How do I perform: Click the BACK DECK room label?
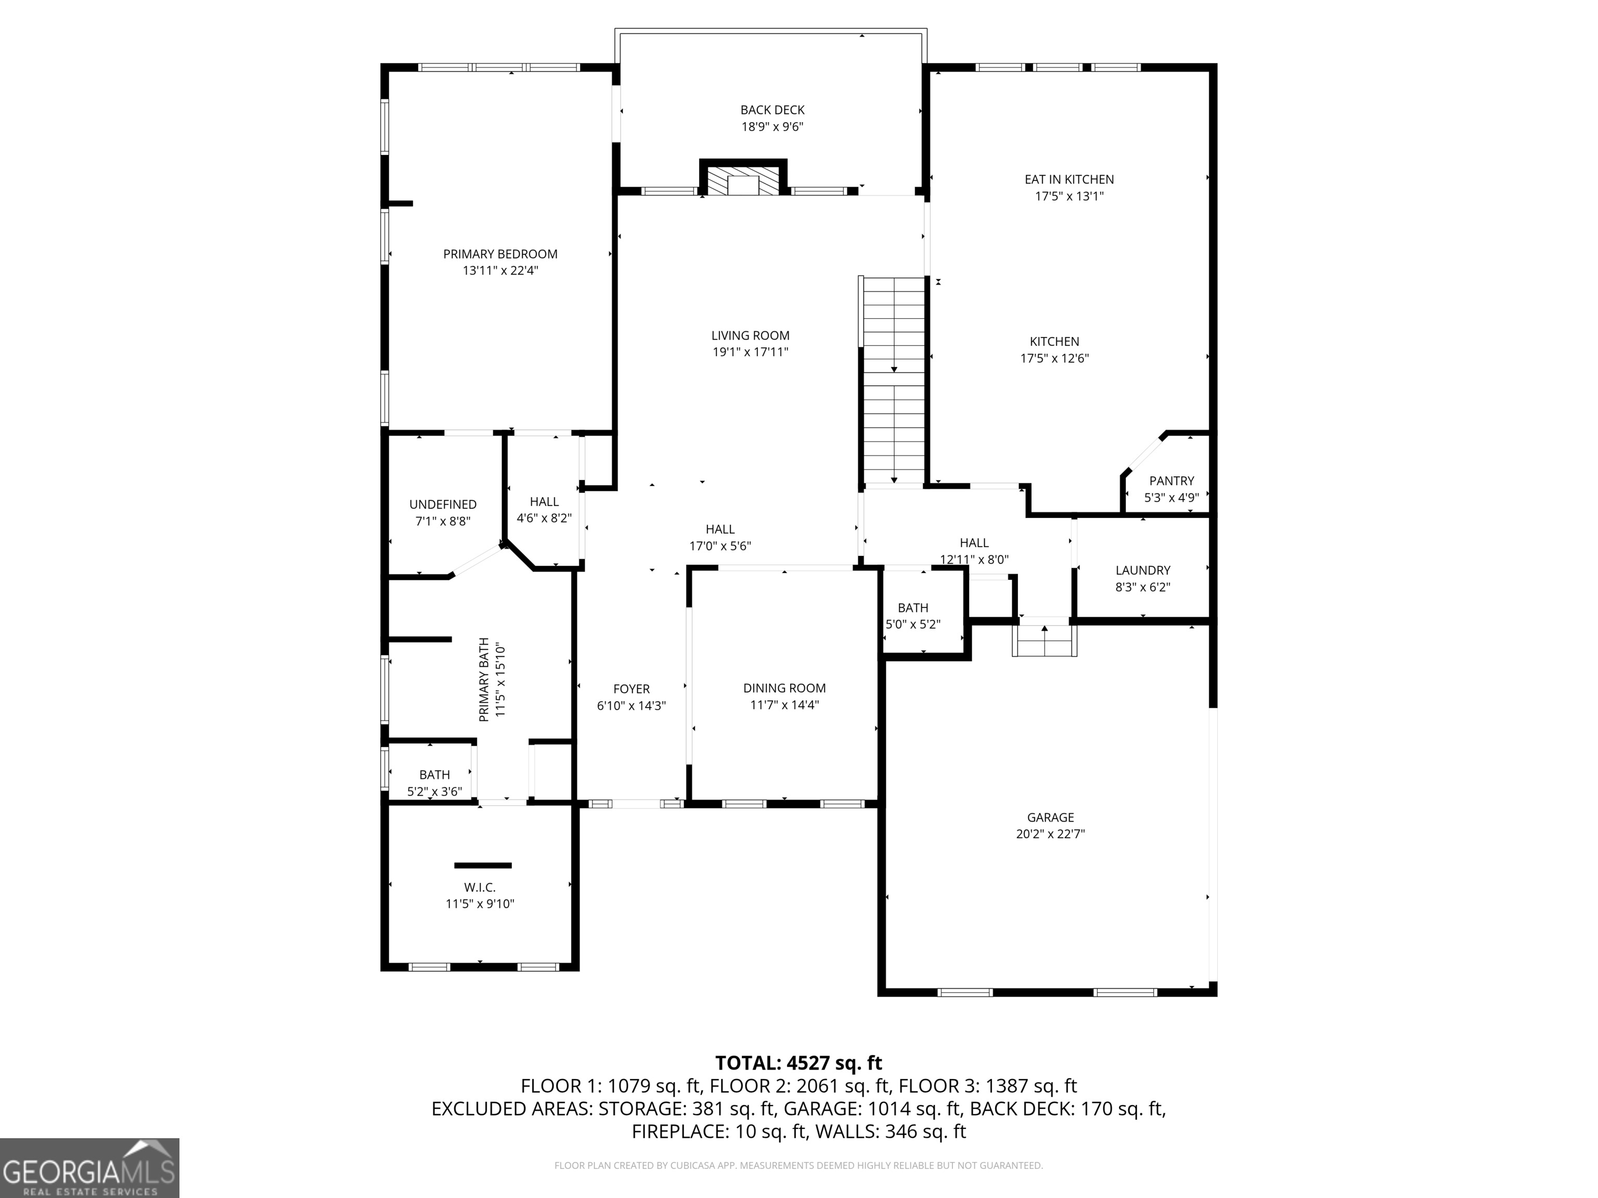[x=772, y=110]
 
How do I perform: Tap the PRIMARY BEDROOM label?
[x=500, y=254]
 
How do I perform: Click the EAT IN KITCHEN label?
[x=1069, y=179]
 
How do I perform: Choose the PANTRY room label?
[x=1171, y=481]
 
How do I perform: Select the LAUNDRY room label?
[x=1142, y=570]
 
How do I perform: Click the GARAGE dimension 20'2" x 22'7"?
[x=1050, y=834]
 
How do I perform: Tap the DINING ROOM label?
[x=784, y=688]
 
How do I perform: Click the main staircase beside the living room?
[x=894, y=379]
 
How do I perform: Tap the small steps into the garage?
[x=1045, y=640]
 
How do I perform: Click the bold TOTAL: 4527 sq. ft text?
[x=798, y=1063]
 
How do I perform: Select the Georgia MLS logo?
[x=89, y=1168]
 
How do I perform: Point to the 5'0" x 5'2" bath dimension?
[x=913, y=624]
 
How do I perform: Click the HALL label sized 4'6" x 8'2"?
[x=544, y=502]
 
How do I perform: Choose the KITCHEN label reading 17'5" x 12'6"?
[x=1054, y=342]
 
